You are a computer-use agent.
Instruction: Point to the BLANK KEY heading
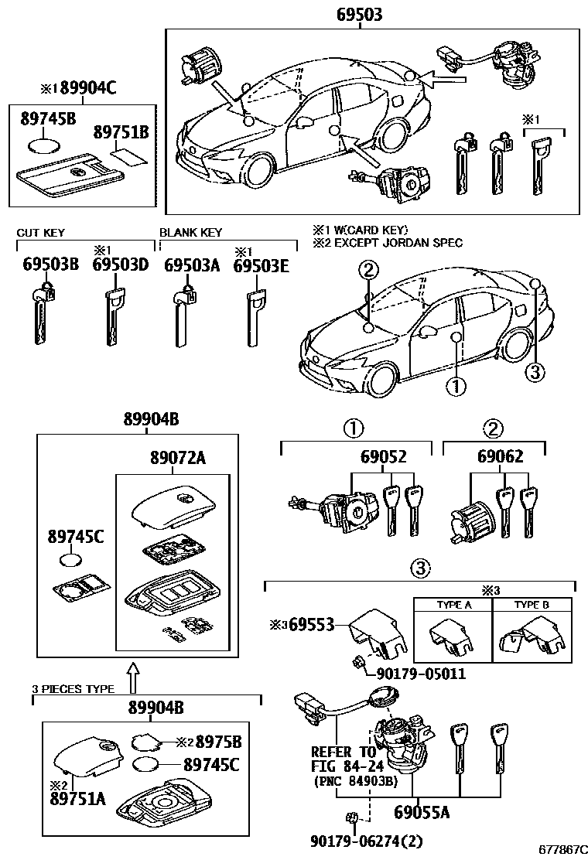[190, 232]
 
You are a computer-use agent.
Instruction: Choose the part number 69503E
[261, 265]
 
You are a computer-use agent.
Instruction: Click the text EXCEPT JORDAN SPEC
[395, 243]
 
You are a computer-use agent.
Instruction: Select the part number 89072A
[177, 459]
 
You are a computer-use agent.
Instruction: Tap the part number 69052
[383, 457]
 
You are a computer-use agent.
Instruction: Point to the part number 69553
[309, 625]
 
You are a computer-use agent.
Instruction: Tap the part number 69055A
[422, 813]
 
